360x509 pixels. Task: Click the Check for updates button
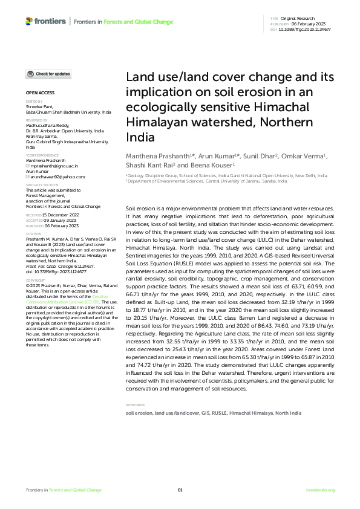click(48, 74)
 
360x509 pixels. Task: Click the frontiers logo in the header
click(46, 21)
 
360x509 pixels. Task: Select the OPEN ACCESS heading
click(40, 92)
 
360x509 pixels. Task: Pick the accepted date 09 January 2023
click(57, 219)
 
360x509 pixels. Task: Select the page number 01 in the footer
click(180, 490)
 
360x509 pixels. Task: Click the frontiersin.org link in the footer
click(321, 490)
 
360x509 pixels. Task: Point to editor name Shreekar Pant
click(39, 106)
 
